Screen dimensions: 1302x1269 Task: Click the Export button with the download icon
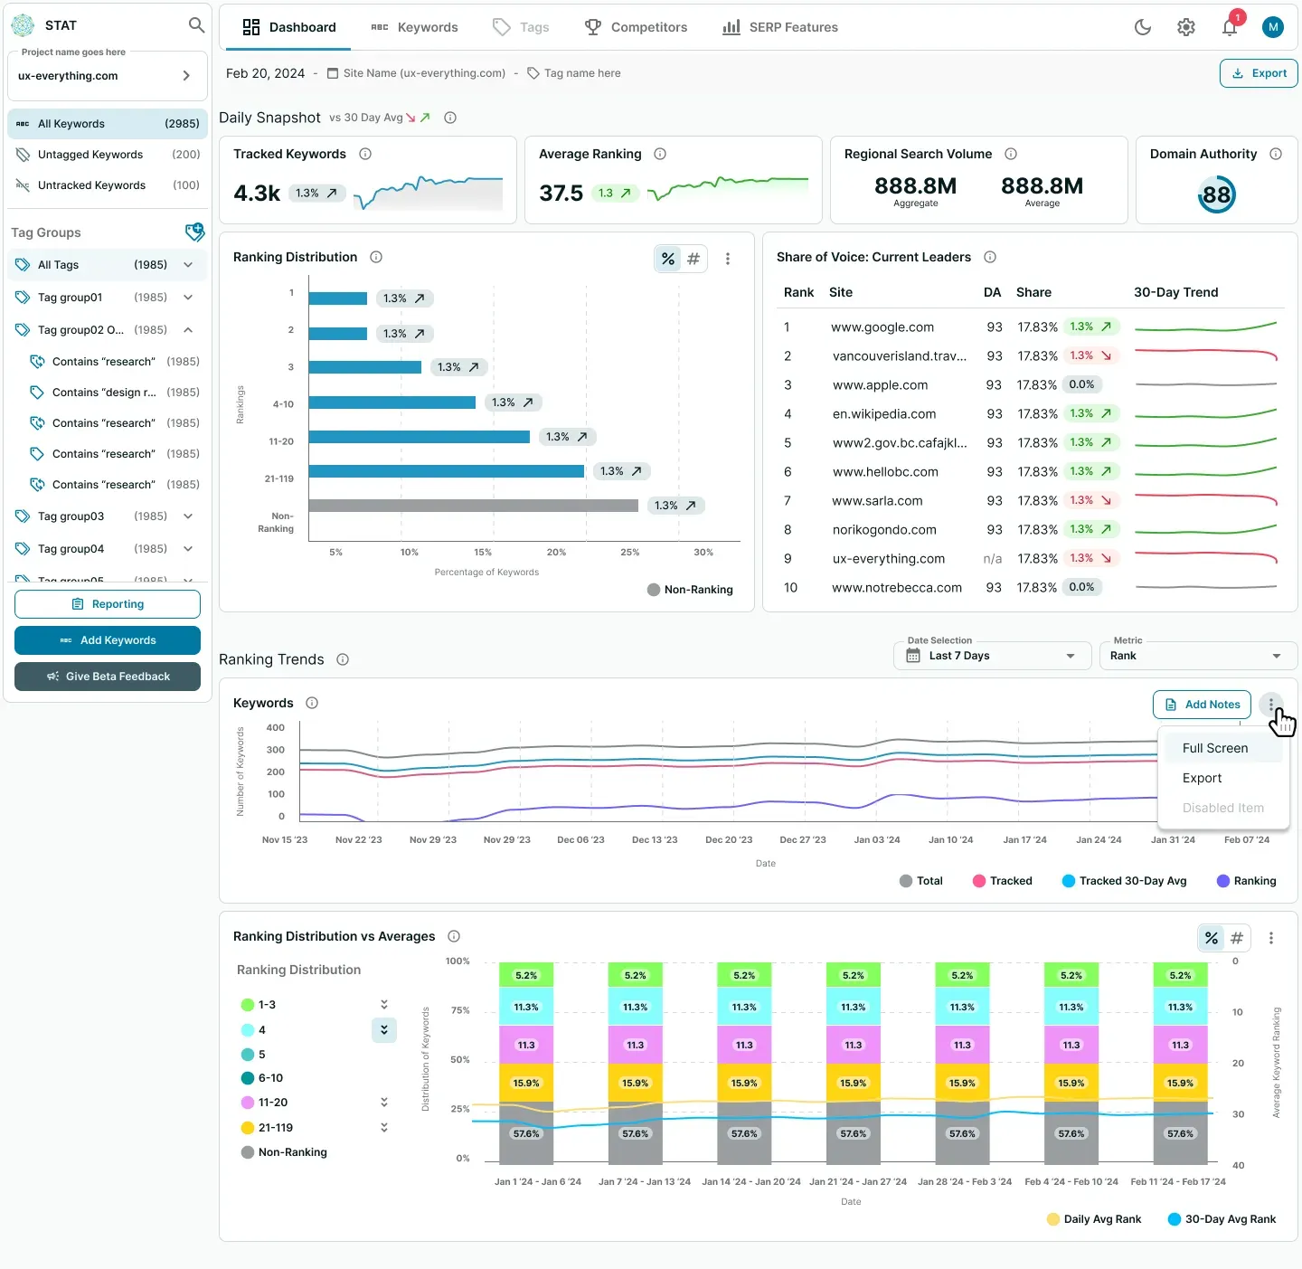1258,73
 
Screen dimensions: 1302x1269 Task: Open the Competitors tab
636,27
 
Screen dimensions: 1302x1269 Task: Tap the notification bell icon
1229,27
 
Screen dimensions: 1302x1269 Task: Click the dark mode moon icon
1142,27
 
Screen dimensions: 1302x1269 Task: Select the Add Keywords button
107,639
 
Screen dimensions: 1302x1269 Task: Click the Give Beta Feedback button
107,676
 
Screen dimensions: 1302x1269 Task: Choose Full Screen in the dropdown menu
1214,748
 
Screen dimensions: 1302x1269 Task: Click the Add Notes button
1202,704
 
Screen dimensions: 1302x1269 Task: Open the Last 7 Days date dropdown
992,655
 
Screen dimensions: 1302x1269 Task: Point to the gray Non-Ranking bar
473,506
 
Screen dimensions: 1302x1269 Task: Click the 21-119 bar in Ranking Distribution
447,471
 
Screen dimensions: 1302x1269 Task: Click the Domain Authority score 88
1216,194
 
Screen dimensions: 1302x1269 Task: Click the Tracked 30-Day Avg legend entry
1124,881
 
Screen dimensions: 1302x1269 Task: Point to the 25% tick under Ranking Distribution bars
629,552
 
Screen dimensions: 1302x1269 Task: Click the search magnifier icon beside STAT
196,25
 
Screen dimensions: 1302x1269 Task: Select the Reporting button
107,603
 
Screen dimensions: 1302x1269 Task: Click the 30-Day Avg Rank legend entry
1221,1219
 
